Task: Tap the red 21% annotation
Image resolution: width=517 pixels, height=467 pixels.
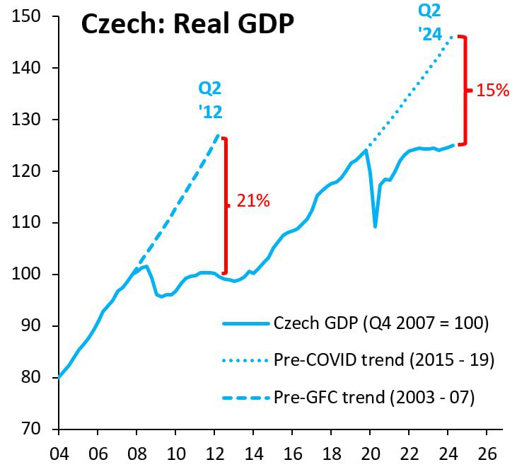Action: point(253,201)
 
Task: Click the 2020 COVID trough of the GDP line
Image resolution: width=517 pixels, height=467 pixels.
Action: point(375,226)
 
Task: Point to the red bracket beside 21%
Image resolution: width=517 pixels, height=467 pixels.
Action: point(226,205)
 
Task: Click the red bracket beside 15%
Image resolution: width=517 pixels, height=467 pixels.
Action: point(464,90)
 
